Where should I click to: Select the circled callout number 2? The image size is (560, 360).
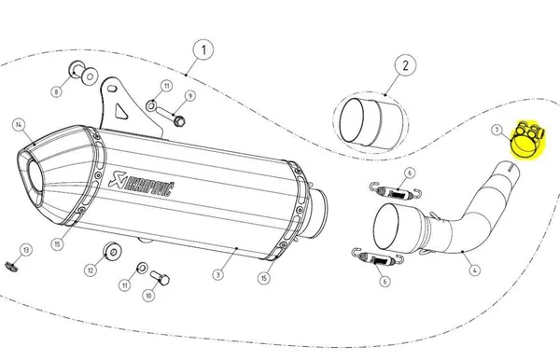(x=404, y=65)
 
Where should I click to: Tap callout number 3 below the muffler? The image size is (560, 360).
(x=216, y=273)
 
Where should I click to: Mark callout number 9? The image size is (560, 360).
(x=189, y=96)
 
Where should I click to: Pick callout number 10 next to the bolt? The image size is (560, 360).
(x=147, y=294)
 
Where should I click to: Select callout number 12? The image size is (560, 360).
(x=91, y=270)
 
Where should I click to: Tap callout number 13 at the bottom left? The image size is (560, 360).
(x=26, y=249)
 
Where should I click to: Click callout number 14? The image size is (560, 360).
(x=18, y=125)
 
